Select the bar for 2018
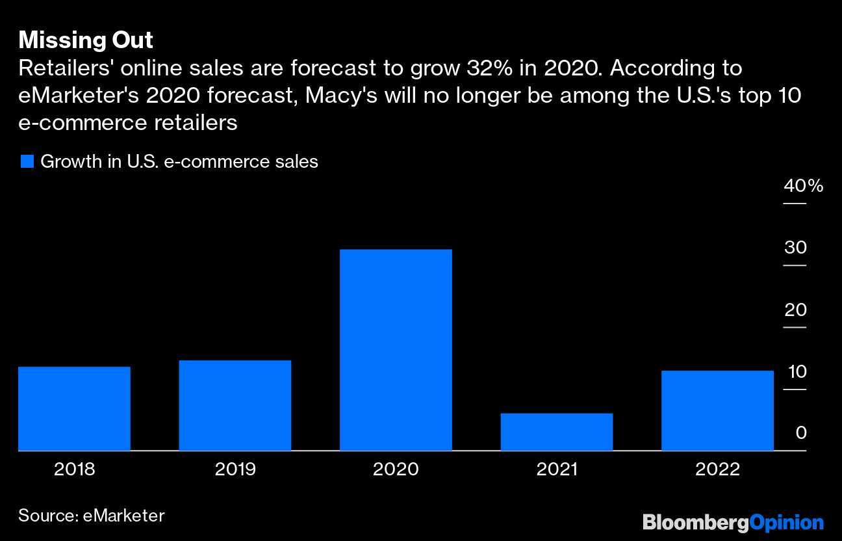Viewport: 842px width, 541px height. pyautogui.click(x=74, y=408)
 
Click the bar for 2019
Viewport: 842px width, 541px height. pyautogui.click(x=235, y=405)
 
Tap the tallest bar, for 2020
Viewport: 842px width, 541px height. pyautogui.click(x=396, y=350)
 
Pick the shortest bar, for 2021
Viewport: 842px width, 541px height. pyautogui.click(x=556, y=432)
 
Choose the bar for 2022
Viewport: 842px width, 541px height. pyautogui.click(x=717, y=410)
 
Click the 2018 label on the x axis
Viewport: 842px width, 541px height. pyautogui.click(x=74, y=469)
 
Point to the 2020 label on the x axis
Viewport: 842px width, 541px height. pyautogui.click(x=396, y=469)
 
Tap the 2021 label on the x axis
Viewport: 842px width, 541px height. pyautogui.click(x=556, y=469)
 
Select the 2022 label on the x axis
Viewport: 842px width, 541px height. pyautogui.click(x=717, y=469)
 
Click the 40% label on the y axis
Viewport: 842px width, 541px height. pyautogui.click(x=803, y=186)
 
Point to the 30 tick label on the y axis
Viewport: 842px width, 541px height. pyautogui.click(x=795, y=248)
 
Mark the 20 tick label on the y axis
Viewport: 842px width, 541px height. pyautogui.click(x=795, y=310)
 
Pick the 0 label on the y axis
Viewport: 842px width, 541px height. pyautogui.click(x=800, y=433)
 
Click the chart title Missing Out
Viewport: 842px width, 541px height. pyautogui.click(x=86, y=40)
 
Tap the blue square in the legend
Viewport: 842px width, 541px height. pyautogui.click(x=27, y=162)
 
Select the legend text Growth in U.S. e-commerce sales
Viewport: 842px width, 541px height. pyautogui.click(x=179, y=162)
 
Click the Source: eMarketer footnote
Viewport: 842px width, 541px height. pyautogui.click(x=92, y=516)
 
